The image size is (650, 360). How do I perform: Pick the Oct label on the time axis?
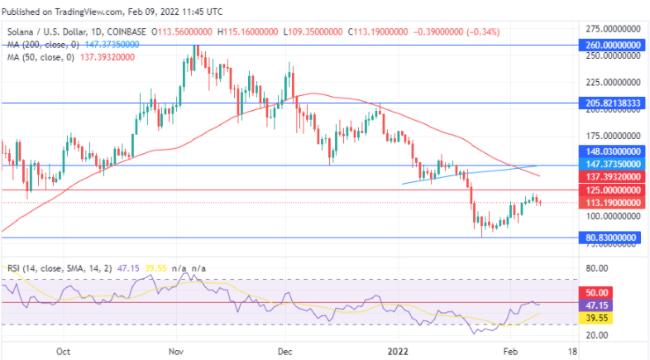click(x=63, y=351)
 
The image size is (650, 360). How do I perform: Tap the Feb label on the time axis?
click(x=509, y=351)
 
